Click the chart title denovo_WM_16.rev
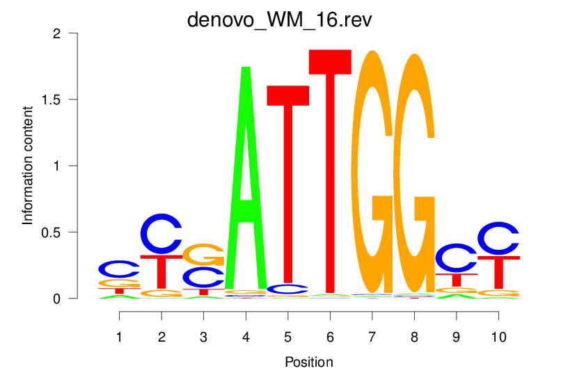[x=280, y=19]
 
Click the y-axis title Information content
[x=29, y=166]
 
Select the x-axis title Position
[x=308, y=362]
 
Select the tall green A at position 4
[x=245, y=181]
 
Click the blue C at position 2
[x=161, y=234]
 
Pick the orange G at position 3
[x=203, y=255]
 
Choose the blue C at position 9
[x=455, y=257]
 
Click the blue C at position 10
[x=498, y=238]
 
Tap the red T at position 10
[x=498, y=271]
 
